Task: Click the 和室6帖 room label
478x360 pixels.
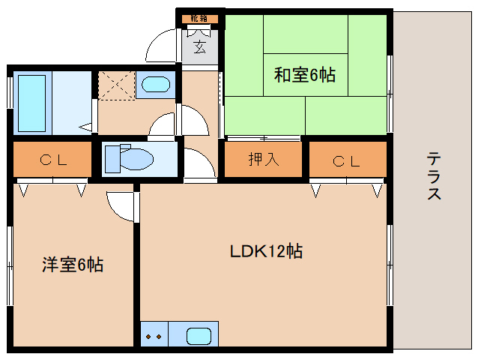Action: pyautogui.click(x=304, y=74)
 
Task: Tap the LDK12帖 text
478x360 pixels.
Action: pyautogui.click(x=266, y=251)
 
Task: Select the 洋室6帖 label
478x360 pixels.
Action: pyautogui.click(x=73, y=265)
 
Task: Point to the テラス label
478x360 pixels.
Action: pyautogui.click(x=434, y=176)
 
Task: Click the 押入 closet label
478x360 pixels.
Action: pyautogui.click(x=263, y=160)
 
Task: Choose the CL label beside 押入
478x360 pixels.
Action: pyautogui.click(x=346, y=160)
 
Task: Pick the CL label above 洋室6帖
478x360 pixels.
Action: pyautogui.click(x=53, y=160)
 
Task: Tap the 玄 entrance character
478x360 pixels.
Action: pyautogui.click(x=200, y=48)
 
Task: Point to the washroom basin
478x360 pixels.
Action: pyautogui.click(x=155, y=84)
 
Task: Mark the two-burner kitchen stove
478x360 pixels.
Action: pyautogui.click(x=154, y=335)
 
